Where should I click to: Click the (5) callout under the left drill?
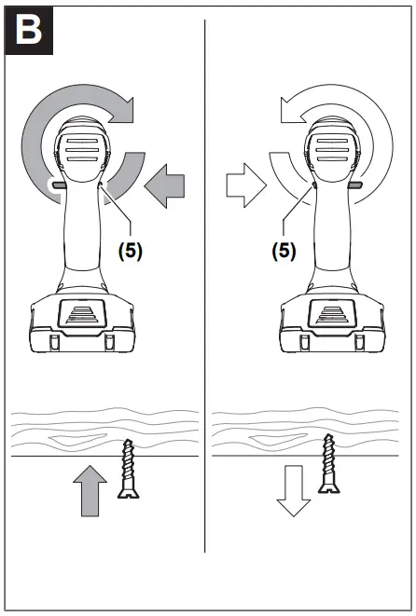129,253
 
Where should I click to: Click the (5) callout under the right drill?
283,253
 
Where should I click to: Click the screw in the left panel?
128,471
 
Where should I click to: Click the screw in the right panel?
327,462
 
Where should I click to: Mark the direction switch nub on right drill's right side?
355,185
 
